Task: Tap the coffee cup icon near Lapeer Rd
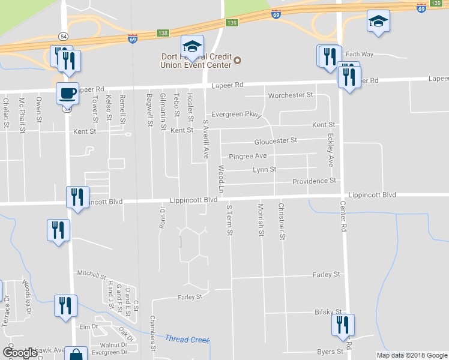(67, 94)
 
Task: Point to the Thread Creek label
(187, 340)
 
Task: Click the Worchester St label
(291, 95)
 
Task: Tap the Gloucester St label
(276, 140)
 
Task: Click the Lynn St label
(264, 170)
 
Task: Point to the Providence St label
(314, 181)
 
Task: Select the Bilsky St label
(328, 313)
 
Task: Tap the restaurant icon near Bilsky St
(343, 325)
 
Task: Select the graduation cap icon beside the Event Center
(192, 46)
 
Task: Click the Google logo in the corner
(20, 353)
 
